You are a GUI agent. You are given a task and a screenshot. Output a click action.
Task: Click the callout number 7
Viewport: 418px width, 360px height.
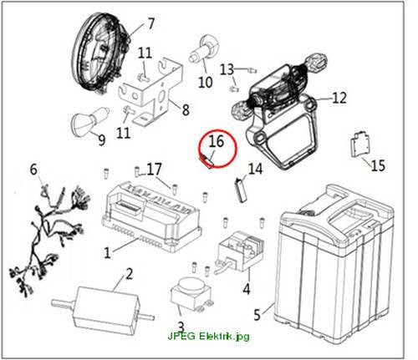150,23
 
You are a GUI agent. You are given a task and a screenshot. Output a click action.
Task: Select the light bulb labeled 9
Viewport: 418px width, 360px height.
89,121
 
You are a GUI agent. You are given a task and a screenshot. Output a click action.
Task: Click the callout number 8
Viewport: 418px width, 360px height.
186,109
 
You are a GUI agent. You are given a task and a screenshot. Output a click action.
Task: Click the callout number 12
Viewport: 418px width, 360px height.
339,98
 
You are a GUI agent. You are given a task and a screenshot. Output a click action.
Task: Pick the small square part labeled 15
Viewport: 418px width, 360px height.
359,144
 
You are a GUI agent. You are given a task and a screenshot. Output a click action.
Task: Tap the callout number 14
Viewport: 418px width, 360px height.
256,169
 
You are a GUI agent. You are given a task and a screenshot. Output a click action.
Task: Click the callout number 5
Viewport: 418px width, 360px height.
257,315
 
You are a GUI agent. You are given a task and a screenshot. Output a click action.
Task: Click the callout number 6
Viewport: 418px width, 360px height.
33,170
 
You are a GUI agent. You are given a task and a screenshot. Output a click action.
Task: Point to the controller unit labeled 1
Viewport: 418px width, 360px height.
152,217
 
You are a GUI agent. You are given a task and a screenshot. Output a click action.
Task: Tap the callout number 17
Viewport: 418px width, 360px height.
154,169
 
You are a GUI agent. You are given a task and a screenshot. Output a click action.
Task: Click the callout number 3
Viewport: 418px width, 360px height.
181,327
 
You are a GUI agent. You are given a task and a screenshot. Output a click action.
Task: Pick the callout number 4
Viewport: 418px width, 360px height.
247,288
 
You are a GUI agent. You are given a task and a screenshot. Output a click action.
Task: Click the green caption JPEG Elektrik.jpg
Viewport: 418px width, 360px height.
208,336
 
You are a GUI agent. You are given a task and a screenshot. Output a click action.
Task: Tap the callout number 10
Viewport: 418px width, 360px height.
206,82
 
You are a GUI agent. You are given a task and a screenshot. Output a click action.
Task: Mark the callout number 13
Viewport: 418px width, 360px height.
227,69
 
